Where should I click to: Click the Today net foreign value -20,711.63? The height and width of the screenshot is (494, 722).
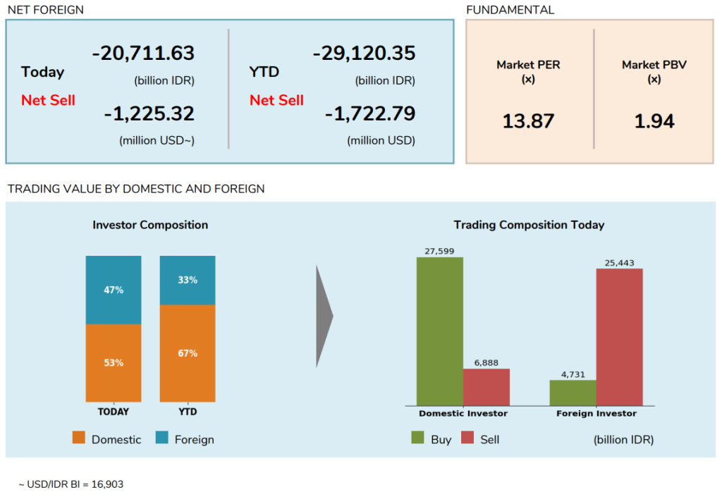(143, 54)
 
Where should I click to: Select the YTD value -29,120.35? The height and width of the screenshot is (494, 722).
(364, 54)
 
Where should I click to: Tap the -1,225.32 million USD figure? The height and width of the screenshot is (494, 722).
(149, 113)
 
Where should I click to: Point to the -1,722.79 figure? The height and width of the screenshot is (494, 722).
(370, 113)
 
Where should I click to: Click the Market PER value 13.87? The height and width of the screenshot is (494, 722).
(528, 121)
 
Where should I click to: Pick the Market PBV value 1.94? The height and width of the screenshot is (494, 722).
(654, 121)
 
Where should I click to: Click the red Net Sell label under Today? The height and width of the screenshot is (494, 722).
(48, 100)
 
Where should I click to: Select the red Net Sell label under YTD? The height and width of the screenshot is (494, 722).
(276, 100)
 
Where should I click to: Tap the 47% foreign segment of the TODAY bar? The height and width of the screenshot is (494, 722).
(114, 290)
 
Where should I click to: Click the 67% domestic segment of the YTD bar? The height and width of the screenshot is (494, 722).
(188, 353)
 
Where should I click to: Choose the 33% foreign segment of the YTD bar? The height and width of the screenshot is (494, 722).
(188, 280)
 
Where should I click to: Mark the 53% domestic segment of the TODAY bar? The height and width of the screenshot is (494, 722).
(114, 363)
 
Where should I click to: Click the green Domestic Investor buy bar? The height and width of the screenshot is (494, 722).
(440, 331)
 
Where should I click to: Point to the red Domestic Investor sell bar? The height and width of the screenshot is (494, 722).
(487, 387)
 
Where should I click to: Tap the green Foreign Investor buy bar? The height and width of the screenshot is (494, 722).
(573, 393)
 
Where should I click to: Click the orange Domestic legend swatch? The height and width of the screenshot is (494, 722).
(79, 438)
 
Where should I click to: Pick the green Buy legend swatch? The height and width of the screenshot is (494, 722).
(417, 438)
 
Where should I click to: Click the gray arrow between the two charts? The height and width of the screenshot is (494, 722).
(324, 316)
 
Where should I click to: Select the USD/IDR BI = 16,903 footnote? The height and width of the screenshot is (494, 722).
(71, 484)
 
